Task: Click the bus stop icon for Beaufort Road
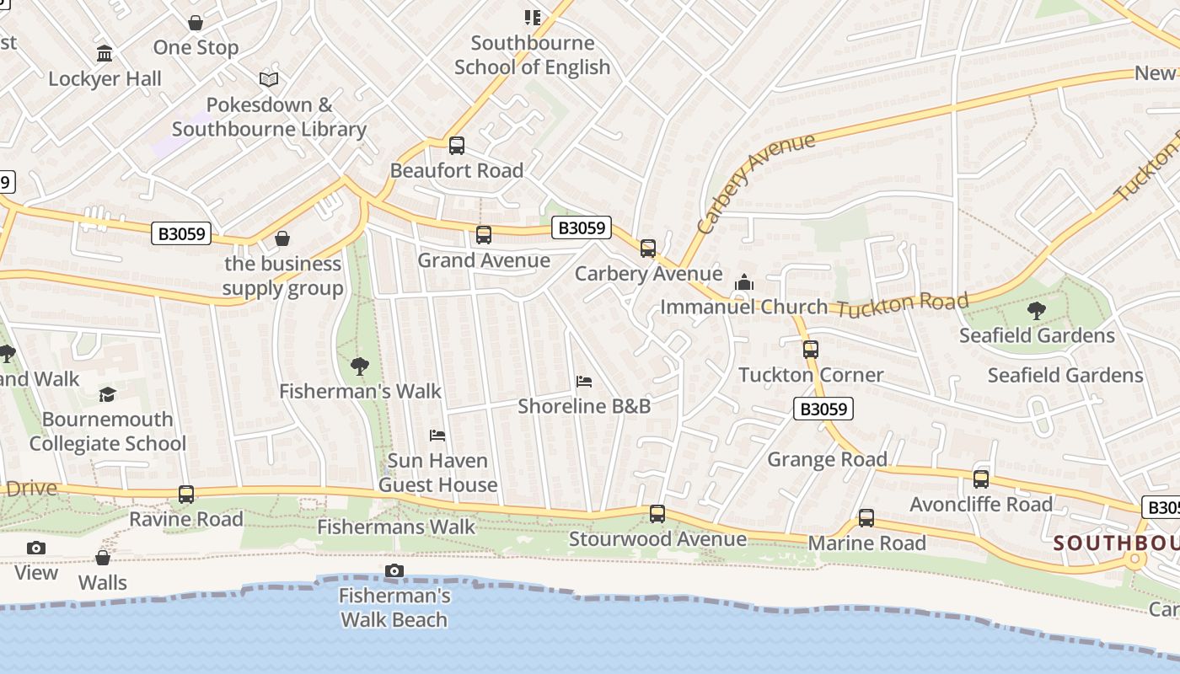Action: pyautogui.click(x=457, y=146)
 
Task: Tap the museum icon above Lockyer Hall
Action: pyautogui.click(x=105, y=54)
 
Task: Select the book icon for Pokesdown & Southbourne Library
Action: pyautogui.click(x=269, y=79)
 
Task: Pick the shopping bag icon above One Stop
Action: pyautogui.click(x=196, y=23)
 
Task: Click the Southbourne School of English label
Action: pyautogui.click(x=532, y=55)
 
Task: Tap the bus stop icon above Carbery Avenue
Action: pyautogui.click(x=647, y=249)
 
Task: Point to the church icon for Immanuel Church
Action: pyautogui.click(x=743, y=282)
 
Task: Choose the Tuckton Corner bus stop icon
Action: pyautogui.click(x=811, y=350)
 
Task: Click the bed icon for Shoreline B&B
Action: pyautogui.click(x=584, y=382)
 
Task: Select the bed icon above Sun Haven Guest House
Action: pyautogui.click(x=437, y=436)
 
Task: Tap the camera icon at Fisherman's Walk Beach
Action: pyautogui.click(x=394, y=571)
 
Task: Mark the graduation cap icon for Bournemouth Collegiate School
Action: pyautogui.click(x=107, y=394)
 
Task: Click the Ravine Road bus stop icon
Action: pyautogui.click(x=186, y=495)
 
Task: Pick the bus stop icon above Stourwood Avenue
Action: pyautogui.click(x=657, y=514)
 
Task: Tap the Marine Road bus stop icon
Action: pyautogui.click(x=866, y=518)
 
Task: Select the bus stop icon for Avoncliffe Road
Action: pyautogui.click(x=981, y=479)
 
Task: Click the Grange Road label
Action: pyautogui.click(x=827, y=459)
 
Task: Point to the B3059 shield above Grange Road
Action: pyautogui.click(x=823, y=409)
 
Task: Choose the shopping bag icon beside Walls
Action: pyautogui.click(x=103, y=558)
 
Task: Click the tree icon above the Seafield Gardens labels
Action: pyautogui.click(x=1037, y=311)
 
